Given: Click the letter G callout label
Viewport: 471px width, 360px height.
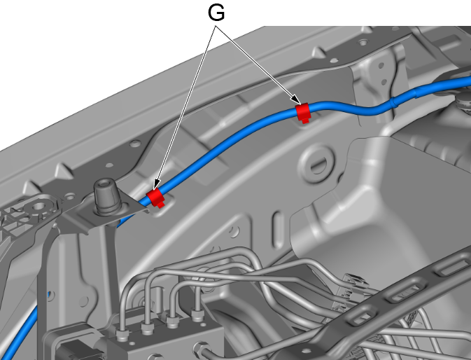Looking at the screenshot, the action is [x=216, y=13].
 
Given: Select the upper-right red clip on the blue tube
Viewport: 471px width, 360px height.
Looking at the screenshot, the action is [x=302, y=111].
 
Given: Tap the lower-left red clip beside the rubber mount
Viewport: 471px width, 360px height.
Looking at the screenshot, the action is [x=155, y=197].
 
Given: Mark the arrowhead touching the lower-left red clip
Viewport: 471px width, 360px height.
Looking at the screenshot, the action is [x=157, y=185].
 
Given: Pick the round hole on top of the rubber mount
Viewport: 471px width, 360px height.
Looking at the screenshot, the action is [x=105, y=182].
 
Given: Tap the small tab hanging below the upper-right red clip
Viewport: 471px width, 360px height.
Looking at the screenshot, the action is [x=305, y=120].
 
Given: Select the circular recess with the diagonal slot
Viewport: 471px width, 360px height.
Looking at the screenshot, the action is [x=316, y=163].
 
